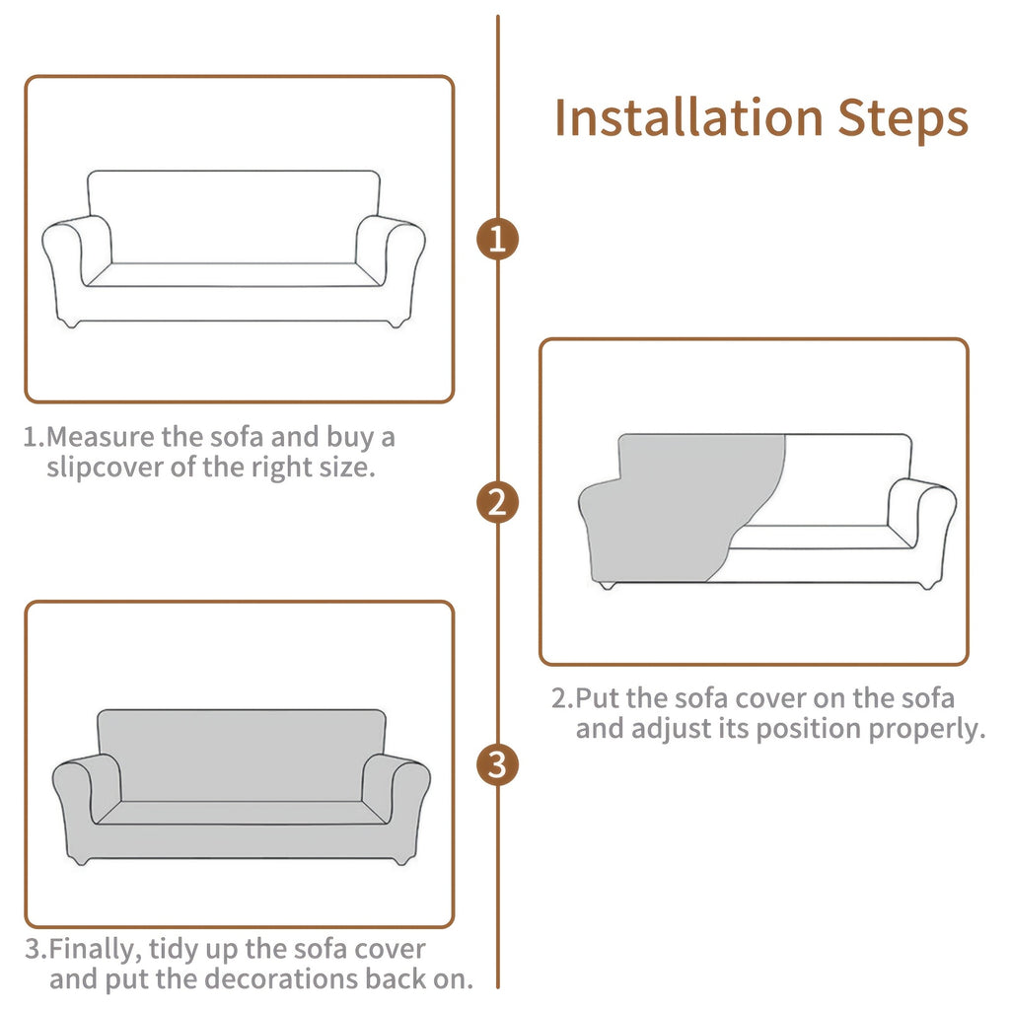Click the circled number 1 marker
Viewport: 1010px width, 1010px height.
click(497, 239)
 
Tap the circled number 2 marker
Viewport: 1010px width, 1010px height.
click(497, 502)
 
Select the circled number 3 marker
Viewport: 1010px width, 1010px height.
click(497, 765)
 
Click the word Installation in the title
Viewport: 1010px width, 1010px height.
click(688, 118)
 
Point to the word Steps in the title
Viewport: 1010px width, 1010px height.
click(903, 119)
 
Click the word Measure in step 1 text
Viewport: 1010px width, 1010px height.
click(101, 437)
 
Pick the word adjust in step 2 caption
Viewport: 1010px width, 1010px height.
click(673, 729)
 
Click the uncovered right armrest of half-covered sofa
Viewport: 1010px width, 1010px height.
click(922, 515)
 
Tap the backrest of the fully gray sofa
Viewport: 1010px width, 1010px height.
click(242, 755)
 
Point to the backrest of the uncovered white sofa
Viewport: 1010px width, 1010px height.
click(233, 216)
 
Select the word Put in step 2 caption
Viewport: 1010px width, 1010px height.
click(595, 698)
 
